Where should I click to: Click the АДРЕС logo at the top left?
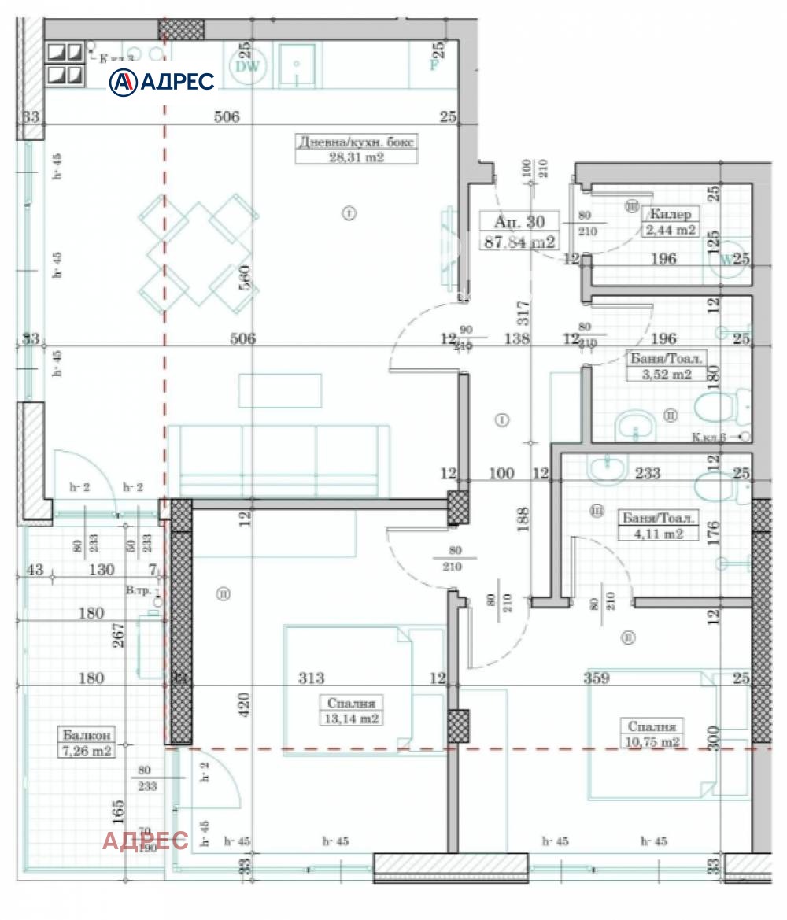coord(161,81)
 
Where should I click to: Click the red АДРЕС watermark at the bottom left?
coord(145,841)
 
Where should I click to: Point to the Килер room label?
coord(670,214)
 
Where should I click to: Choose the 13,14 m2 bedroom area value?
coord(351,719)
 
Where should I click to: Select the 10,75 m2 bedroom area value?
coord(651,742)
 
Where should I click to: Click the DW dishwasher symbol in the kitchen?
coord(248,66)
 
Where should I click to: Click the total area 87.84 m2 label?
coord(519,242)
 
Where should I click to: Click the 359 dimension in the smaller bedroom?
coord(597,678)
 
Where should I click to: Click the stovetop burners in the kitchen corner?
coord(65,64)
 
